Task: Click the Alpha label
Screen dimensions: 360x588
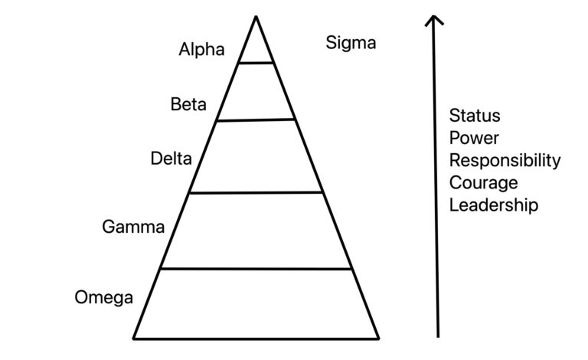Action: [x=201, y=51]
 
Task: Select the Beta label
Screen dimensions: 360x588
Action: [x=188, y=105]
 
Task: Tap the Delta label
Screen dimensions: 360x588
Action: [x=171, y=159]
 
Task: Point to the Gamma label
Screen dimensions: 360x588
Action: [x=133, y=227]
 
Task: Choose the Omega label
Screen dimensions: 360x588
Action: [x=104, y=298]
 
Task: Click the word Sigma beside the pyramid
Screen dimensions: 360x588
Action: [x=351, y=43]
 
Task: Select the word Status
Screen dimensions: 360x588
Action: [x=474, y=116]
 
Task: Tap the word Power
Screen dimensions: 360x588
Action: [x=474, y=138]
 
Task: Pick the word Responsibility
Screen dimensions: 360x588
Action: [x=505, y=161]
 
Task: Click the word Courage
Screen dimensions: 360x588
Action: [x=483, y=183]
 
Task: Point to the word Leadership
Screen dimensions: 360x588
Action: [x=493, y=205]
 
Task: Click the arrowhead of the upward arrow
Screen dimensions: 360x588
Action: [x=435, y=18]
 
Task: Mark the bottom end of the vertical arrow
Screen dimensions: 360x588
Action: [x=437, y=335]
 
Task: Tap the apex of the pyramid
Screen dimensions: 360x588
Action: [x=256, y=17]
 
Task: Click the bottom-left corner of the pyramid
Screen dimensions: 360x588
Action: [x=135, y=337]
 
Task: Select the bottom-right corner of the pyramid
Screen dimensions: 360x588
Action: [x=378, y=337]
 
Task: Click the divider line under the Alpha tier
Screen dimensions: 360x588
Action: [x=256, y=63]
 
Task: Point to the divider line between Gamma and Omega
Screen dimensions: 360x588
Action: [x=256, y=269]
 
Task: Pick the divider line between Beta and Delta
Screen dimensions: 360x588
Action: [x=256, y=119]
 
